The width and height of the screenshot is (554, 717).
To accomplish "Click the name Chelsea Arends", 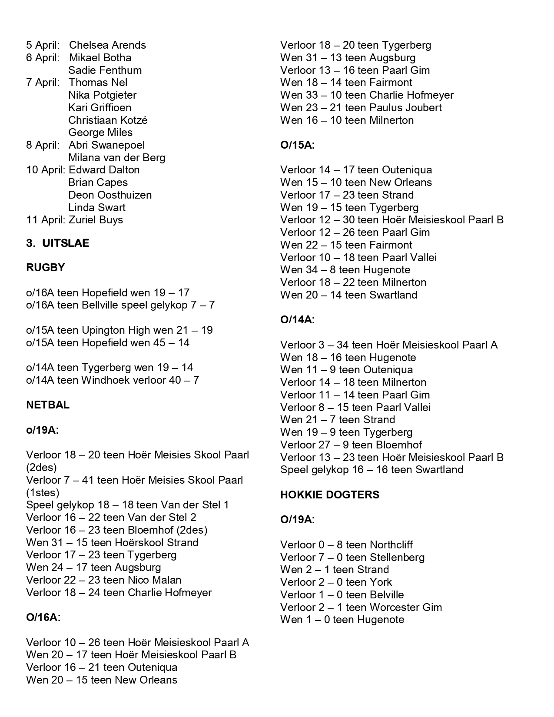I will click(107, 45).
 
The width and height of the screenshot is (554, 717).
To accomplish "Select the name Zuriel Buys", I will click(96, 220).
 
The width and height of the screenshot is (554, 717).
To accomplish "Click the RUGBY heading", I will click(45, 268).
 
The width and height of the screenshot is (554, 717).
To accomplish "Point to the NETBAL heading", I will click(48, 405).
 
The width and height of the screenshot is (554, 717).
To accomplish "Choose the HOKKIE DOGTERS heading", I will click(329, 495).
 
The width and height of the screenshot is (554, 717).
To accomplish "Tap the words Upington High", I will click(116, 330).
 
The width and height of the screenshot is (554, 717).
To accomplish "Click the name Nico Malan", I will click(154, 580).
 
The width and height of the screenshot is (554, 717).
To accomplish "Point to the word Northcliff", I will click(391, 545).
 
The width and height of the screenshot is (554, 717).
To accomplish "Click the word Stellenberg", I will click(397, 558).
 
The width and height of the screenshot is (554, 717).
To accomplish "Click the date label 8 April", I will click(42, 145).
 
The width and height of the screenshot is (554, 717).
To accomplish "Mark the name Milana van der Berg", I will click(116, 158).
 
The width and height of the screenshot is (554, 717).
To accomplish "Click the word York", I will click(381, 582).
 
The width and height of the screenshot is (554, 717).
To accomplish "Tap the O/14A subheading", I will click(297, 320).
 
